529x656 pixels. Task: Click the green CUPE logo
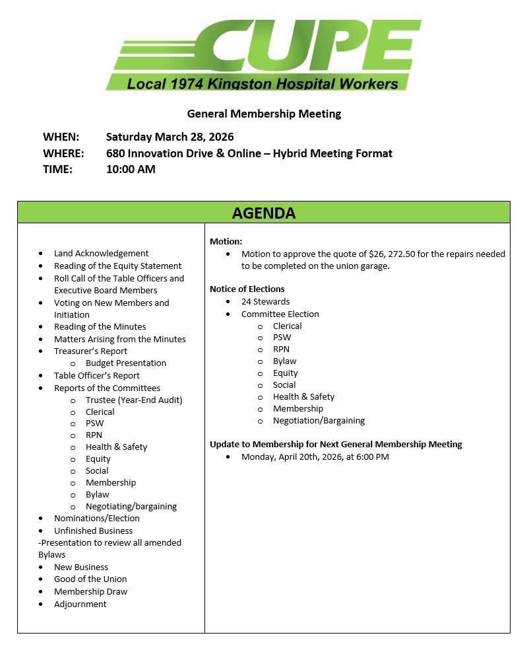pyautogui.click(x=264, y=55)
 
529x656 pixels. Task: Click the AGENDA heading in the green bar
pyautogui.click(x=264, y=213)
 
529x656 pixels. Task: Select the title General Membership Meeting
pyautogui.click(x=264, y=114)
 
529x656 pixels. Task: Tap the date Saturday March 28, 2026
pyautogui.click(x=170, y=137)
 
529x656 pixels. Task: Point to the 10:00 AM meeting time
pyautogui.click(x=131, y=169)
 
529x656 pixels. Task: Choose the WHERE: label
pyautogui.click(x=63, y=153)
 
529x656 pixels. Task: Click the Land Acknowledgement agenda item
pyautogui.click(x=101, y=253)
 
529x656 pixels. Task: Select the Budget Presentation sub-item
pyautogui.click(x=125, y=363)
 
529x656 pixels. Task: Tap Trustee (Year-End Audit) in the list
pyautogui.click(x=134, y=400)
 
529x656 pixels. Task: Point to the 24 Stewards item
pyautogui.click(x=265, y=301)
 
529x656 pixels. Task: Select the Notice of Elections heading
pyautogui.click(x=247, y=289)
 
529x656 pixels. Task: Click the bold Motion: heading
pyautogui.click(x=226, y=242)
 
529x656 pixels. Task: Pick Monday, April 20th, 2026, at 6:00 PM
pyautogui.click(x=315, y=456)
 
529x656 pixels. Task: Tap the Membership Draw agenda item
pyautogui.click(x=90, y=591)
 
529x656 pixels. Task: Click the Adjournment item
pyautogui.click(x=80, y=604)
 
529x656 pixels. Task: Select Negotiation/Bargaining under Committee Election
pyautogui.click(x=319, y=420)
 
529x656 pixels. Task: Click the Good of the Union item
pyautogui.click(x=90, y=579)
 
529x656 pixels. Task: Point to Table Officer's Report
pyautogui.click(x=97, y=375)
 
